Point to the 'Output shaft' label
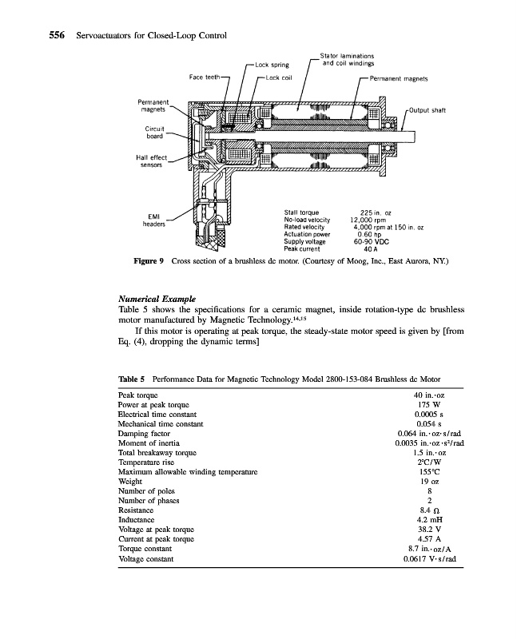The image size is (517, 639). [428, 109]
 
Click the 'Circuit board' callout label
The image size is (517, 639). [154, 133]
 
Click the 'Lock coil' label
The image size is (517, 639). [280, 77]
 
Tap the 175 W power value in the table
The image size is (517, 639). [430, 404]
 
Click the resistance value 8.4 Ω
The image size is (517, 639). [430, 510]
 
